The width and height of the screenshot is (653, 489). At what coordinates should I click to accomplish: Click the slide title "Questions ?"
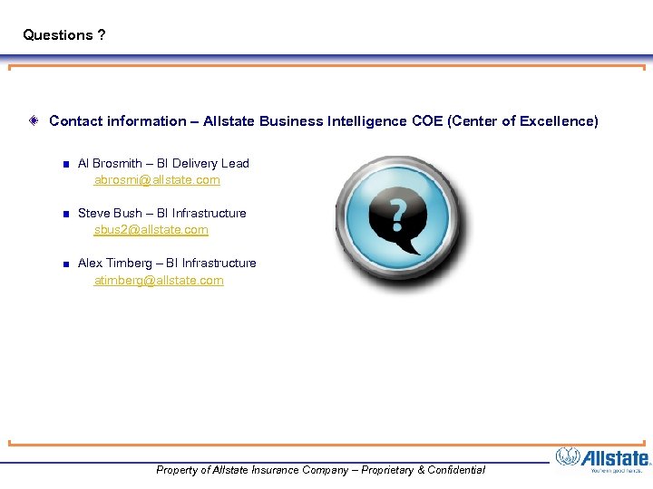pos(63,35)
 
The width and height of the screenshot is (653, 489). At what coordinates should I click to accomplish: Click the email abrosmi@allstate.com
pos(157,180)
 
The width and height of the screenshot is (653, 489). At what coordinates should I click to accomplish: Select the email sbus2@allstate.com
pos(151,230)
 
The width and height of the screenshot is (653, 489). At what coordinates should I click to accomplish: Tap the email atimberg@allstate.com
pos(159,281)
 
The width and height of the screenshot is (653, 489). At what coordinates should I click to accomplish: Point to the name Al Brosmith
pos(110,164)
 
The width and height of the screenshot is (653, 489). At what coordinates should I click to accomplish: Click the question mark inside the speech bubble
pos(397,214)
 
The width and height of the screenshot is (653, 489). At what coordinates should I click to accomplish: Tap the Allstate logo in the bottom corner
pos(603,459)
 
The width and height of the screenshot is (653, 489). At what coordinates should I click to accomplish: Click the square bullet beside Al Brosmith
pos(65,165)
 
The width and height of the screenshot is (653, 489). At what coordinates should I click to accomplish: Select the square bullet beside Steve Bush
pos(65,215)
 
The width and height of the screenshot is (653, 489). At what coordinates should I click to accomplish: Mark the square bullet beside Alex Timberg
pos(65,264)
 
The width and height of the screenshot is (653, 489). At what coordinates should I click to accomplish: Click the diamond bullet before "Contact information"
pos(33,120)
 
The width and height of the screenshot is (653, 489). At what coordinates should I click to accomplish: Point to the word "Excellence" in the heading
pos(559,121)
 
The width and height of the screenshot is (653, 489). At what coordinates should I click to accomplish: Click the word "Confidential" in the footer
pos(451,470)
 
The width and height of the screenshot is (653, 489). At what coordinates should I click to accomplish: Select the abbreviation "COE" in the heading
pos(427,121)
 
